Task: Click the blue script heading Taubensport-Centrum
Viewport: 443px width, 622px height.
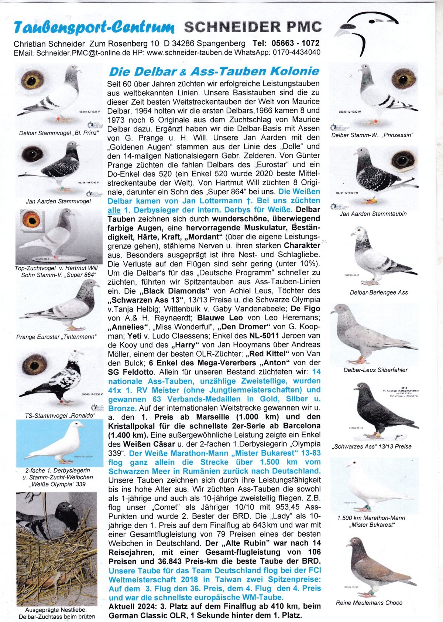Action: (94, 27)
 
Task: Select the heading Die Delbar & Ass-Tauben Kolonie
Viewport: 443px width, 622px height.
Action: (214, 71)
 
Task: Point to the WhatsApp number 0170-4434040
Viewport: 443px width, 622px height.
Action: (296, 52)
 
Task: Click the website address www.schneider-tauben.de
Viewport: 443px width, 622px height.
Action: (190, 52)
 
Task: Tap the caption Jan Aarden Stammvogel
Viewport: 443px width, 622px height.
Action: (58, 201)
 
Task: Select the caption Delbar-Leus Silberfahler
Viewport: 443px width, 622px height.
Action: (375, 370)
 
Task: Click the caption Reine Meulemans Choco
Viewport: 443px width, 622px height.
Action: (369, 603)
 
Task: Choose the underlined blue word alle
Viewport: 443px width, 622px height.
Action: (114, 210)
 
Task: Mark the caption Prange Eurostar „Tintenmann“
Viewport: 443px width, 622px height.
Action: (56, 337)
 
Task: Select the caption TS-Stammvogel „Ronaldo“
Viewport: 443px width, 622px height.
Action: (59, 415)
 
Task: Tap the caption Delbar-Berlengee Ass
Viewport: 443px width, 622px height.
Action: (379, 293)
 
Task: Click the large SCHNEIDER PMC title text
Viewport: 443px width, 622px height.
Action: (253, 27)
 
